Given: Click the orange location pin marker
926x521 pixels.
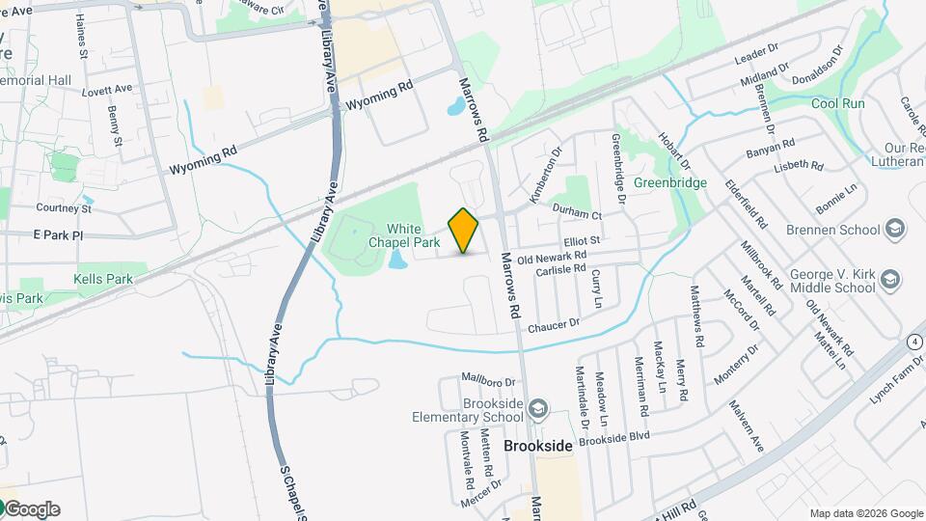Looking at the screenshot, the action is pyautogui.click(x=464, y=231).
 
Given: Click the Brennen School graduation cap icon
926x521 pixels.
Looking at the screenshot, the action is pyautogui.click(x=894, y=230).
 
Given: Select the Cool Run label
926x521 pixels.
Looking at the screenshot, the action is pyautogui.click(x=837, y=103).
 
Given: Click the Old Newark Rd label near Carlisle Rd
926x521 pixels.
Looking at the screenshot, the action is pyautogui.click(x=552, y=258).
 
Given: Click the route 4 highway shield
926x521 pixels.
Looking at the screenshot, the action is pyautogui.click(x=912, y=343).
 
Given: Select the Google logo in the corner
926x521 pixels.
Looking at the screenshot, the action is pyautogui.click(x=31, y=508).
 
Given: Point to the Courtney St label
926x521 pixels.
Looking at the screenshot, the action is pyautogui.click(x=64, y=207).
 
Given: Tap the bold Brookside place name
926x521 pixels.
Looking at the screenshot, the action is pyautogui.click(x=538, y=447).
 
